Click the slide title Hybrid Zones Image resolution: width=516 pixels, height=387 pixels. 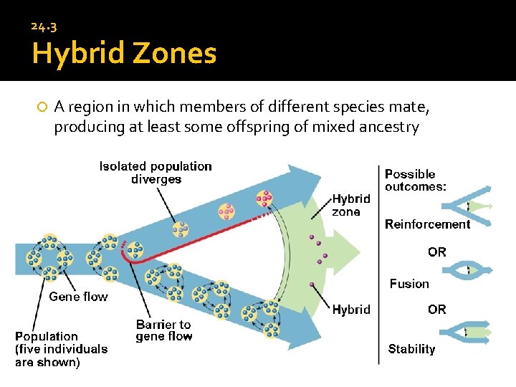[x=123, y=53]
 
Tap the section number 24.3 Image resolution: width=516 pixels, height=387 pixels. [x=44, y=27]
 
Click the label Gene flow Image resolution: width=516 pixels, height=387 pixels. [x=78, y=297]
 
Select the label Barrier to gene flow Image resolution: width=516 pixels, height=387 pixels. [x=163, y=330]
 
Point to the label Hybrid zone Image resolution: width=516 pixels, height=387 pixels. [x=351, y=205]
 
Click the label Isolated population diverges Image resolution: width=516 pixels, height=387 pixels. [x=156, y=173]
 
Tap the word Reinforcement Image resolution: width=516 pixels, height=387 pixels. [x=427, y=224]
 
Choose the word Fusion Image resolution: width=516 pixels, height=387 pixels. [x=409, y=284]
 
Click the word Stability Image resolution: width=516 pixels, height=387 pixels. [x=411, y=349]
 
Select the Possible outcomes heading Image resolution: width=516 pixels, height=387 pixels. [x=415, y=180]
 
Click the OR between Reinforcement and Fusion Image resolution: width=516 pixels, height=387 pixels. [x=436, y=252]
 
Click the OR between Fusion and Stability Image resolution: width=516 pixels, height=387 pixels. [x=436, y=310]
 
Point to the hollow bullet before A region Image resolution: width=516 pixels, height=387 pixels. [x=42, y=107]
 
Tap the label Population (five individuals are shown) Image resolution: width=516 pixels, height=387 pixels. [x=62, y=349]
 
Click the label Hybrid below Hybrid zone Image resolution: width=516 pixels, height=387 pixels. [x=351, y=310]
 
